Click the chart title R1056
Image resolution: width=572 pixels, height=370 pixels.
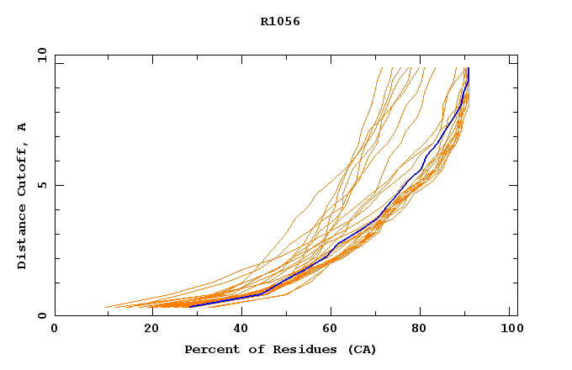point(280,22)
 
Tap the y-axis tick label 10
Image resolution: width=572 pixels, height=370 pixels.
point(41,55)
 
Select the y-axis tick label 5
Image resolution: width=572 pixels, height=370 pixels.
point(41,185)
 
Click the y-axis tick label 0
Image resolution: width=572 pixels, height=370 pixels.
point(41,315)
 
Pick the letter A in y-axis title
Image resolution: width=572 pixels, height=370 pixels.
point(23,127)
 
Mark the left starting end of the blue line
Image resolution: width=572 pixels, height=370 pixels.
point(192,304)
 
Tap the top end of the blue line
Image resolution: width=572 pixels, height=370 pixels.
point(468,69)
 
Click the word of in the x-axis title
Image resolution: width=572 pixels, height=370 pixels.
point(253,350)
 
